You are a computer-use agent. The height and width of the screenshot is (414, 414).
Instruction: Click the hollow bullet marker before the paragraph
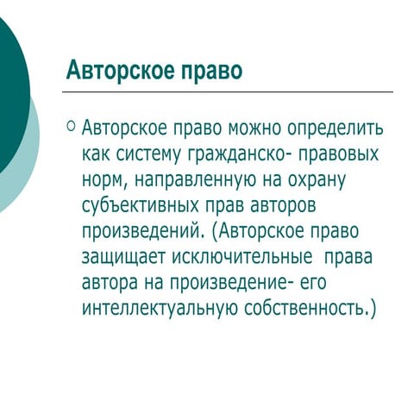(71, 127)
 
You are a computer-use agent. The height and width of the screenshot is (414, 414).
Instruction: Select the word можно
(255, 130)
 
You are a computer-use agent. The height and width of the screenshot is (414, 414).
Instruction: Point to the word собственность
(306, 309)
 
